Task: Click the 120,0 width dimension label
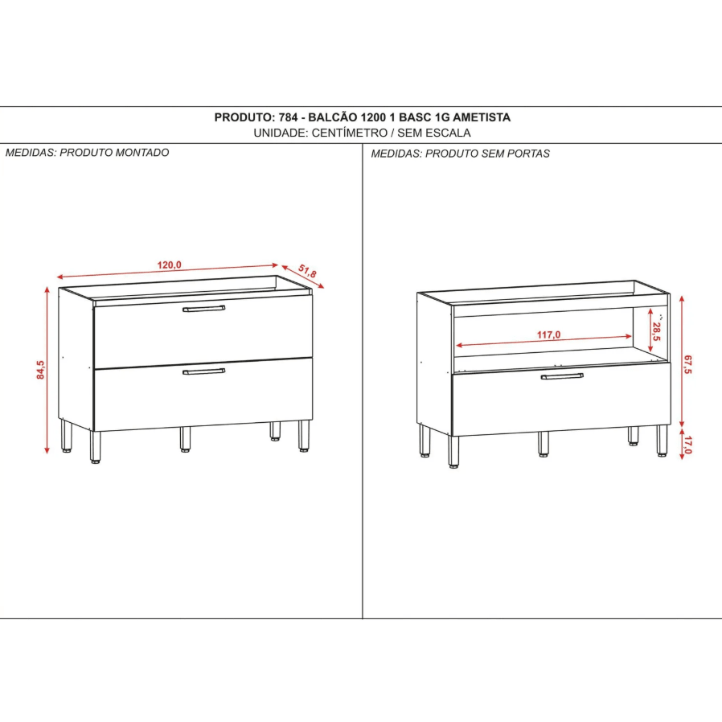point(170,265)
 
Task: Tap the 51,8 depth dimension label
point(307,273)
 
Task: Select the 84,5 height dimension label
point(41,369)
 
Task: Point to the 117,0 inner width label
point(548,334)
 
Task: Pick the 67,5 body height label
point(687,363)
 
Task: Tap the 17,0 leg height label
point(687,442)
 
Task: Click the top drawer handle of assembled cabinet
point(203,308)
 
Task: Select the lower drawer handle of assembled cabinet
point(203,371)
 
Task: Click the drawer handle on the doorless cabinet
point(562,375)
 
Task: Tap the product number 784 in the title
point(289,117)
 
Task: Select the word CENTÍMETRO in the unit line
point(346,133)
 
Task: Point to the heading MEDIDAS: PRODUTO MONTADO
point(88,153)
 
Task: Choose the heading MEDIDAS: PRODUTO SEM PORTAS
point(460,154)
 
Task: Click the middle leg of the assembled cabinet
point(186,437)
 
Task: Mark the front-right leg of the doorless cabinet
point(662,440)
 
